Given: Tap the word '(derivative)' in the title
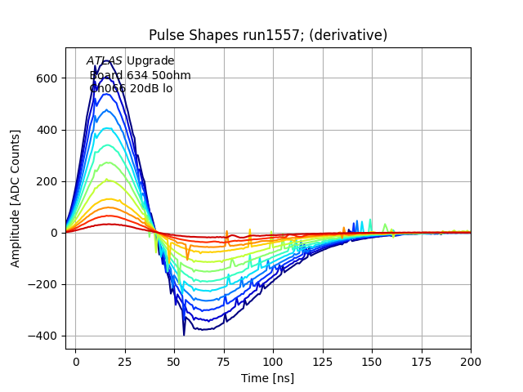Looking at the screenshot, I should tap(346, 35).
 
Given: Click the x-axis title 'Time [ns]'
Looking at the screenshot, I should tap(267, 378).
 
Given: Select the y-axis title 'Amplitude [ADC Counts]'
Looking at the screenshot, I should tap(16, 198).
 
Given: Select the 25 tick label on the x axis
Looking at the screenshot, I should tap(125, 361).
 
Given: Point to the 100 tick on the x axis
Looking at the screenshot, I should tap(273, 361).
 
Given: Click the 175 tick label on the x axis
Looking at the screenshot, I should tap(421, 361).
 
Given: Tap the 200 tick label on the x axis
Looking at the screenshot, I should tap(471, 361).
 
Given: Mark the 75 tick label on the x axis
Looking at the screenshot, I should tap(224, 361).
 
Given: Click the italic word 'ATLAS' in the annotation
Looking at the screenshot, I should tap(105, 61).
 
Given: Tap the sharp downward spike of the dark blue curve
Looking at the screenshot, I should tap(184, 334).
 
